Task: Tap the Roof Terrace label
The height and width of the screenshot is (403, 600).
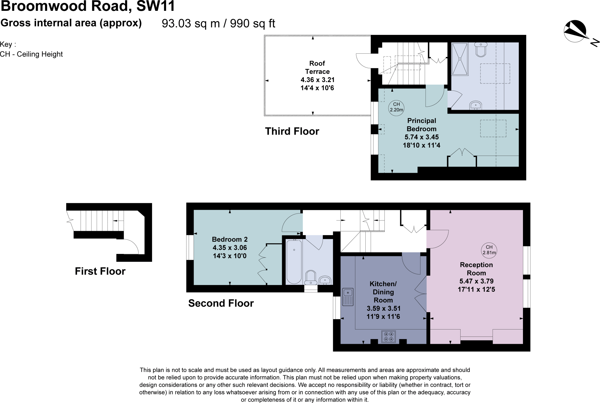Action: (x=317, y=67)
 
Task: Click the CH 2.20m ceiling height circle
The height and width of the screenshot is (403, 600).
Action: (x=396, y=107)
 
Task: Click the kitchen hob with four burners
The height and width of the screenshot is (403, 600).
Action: (x=388, y=336)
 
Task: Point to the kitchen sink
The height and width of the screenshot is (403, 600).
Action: (x=348, y=296)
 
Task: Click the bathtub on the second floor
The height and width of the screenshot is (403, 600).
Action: (x=294, y=261)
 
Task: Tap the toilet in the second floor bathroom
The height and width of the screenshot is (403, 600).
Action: (x=311, y=277)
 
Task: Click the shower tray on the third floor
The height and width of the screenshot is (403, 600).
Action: (x=460, y=59)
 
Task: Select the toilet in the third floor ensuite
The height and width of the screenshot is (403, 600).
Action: (x=481, y=50)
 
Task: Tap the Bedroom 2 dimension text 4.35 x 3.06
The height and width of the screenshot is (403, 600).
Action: (x=230, y=248)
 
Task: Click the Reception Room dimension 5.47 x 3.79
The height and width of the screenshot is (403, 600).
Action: (x=476, y=281)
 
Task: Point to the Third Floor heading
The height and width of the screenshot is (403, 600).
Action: (x=292, y=131)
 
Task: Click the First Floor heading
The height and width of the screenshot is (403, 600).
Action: (x=100, y=271)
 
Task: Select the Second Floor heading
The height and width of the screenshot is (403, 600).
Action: (x=221, y=303)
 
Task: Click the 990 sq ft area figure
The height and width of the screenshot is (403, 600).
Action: (x=253, y=23)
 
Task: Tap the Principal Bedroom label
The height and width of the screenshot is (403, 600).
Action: (x=421, y=125)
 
